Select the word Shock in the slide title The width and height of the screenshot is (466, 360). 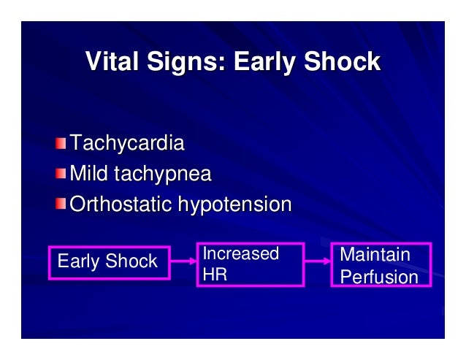pyautogui.click(x=343, y=61)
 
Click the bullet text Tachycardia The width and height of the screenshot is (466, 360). pyautogui.click(x=126, y=143)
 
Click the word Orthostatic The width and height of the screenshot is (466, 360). pyautogui.click(x=121, y=204)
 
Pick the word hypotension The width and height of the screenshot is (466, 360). pyautogui.click(x=233, y=204)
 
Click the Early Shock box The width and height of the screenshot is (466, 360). pyautogui.click(x=109, y=262)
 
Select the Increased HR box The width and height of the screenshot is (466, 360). pyautogui.click(x=251, y=264)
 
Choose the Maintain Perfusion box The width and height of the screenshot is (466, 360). pyautogui.click(x=381, y=264)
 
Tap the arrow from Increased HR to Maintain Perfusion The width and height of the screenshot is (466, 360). pyautogui.click(x=317, y=260)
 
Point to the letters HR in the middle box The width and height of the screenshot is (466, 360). pyautogui.click(x=214, y=275)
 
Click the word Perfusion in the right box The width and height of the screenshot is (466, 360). pyautogui.click(x=379, y=277)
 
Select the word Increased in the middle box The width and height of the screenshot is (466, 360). pyautogui.click(x=240, y=254)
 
